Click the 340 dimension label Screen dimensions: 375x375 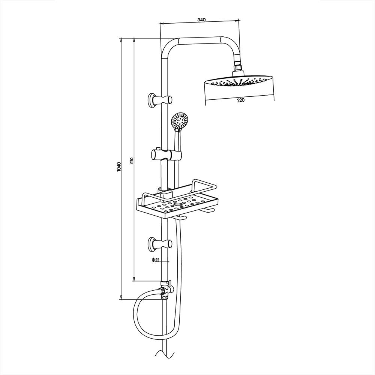[200, 19]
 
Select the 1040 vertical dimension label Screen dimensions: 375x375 [119, 167]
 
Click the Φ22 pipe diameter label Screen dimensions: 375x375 [156, 260]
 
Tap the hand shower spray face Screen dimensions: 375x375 [179, 121]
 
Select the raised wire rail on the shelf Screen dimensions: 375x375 [204, 184]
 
